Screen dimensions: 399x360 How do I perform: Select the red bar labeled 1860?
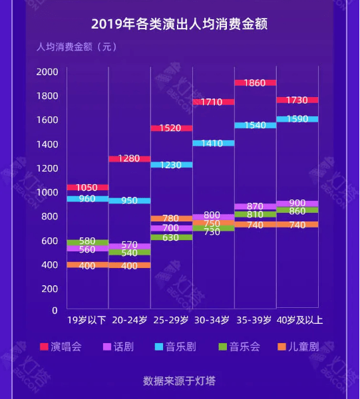pos(255,83)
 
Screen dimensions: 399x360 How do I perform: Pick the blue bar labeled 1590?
pos(297,119)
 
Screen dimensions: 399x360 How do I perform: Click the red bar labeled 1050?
pos(88,188)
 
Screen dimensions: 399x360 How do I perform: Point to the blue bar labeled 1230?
pos(172,165)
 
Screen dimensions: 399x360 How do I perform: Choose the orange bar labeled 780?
pos(172,219)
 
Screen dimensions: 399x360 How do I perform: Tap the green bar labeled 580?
pos(88,242)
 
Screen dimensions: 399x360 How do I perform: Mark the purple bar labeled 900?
pos(297,203)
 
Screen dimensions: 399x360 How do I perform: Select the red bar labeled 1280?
pos(130,159)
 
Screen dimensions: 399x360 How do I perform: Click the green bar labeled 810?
pos(255,214)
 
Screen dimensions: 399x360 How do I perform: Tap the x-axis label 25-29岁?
pos(171,321)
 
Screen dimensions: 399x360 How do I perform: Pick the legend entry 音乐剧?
pos(176,347)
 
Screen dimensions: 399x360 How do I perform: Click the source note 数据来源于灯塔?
pos(179,381)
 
